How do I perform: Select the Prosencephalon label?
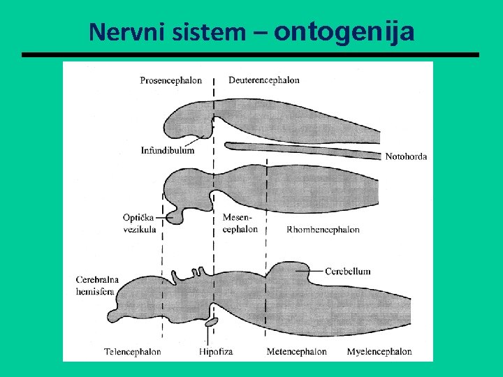(170, 80)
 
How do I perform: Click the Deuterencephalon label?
(264, 80)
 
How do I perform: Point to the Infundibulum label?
(168, 150)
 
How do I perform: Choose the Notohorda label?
(406, 156)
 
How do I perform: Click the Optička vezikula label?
(140, 223)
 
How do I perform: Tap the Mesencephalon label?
(240, 223)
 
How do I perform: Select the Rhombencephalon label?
(323, 229)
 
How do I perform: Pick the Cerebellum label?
(347, 271)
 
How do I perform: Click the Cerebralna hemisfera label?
(97, 286)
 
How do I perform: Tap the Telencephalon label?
(132, 352)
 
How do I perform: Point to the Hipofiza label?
(215, 352)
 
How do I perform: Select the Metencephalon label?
(296, 352)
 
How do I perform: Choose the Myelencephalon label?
(379, 352)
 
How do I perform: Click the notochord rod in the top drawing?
(300, 148)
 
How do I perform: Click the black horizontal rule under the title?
(251, 54)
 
